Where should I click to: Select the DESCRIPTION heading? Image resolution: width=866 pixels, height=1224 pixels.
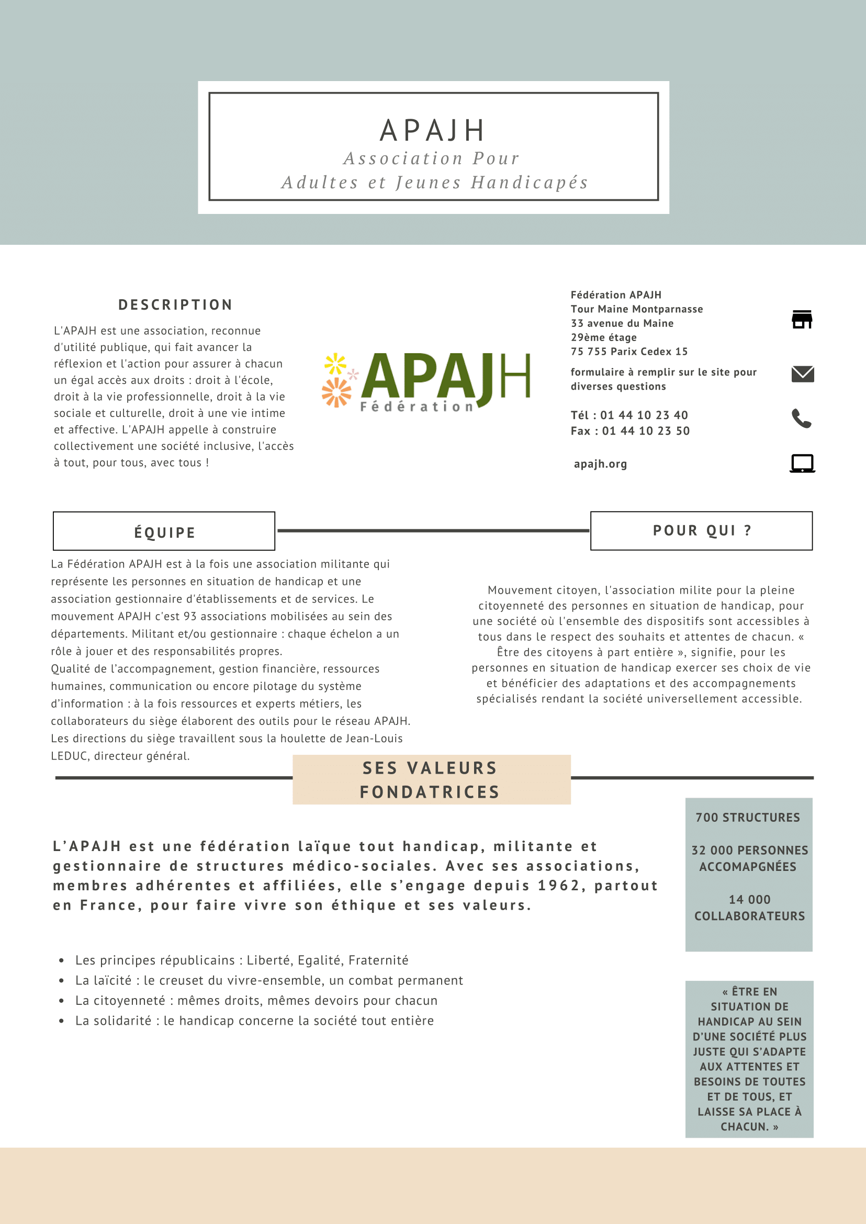(x=175, y=305)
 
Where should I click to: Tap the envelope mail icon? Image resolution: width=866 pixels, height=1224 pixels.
(x=803, y=374)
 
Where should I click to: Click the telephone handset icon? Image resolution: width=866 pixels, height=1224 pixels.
(x=802, y=418)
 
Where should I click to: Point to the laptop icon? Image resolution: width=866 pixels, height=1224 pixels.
(x=802, y=463)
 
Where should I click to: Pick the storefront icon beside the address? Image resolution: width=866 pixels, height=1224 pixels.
(x=802, y=319)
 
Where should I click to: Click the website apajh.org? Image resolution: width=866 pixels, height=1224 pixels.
(x=600, y=464)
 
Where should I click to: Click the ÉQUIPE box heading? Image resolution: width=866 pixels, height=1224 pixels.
(x=164, y=532)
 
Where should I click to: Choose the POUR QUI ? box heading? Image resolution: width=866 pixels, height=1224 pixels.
(x=702, y=530)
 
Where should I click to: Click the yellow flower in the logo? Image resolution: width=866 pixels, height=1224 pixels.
(x=335, y=364)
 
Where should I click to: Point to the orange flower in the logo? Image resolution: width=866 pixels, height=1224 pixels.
(x=336, y=392)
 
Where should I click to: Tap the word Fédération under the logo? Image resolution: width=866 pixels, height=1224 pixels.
(x=417, y=407)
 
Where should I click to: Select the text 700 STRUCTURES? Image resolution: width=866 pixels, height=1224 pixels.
(x=748, y=818)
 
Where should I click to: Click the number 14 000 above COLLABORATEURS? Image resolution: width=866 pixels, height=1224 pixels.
(x=749, y=900)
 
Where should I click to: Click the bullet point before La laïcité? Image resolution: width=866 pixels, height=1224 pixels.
(x=62, y=981)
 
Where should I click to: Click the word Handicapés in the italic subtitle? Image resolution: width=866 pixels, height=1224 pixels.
(x=529, y=183)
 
